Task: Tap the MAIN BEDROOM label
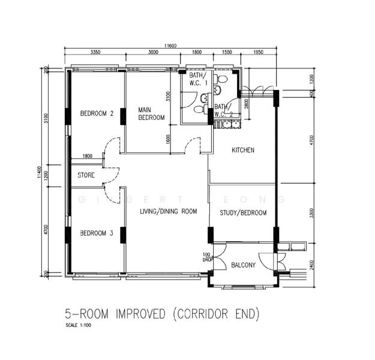point(151,114)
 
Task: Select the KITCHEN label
point(243,150)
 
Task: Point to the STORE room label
point(86,175)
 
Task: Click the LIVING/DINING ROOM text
point(169,211)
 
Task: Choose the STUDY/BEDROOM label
point(243,213)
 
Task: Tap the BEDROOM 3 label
point(97,233)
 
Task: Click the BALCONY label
point(243,265)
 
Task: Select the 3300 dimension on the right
point(311,214)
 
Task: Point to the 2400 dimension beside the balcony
point(311,263)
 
